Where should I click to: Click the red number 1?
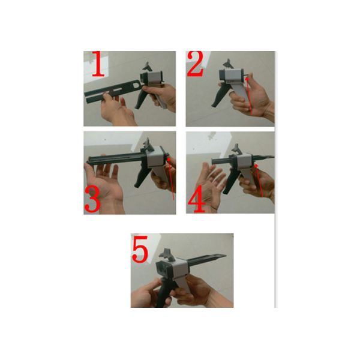pos(99,64)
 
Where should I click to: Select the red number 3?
pos(92,199)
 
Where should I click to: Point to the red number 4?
pos(197,199)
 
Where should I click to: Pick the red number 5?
pos(140,249)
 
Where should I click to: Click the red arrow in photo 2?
pos(250,96)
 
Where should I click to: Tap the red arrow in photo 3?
pos(171,179)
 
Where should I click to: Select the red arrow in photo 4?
pos(259,180)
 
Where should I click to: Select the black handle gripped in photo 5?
pos(164,293)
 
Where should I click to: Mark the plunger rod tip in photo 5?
pos(225,256)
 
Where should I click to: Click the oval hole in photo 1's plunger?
pos(136,85)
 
